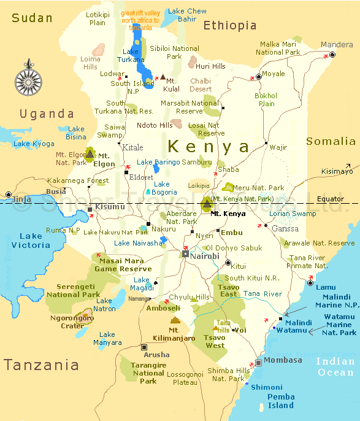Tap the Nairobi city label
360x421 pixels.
205,256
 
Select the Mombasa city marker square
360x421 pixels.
259,362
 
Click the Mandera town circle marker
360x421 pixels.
332,55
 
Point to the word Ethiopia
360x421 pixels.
230,25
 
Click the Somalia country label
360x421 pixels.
331,142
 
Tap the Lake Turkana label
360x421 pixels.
131,56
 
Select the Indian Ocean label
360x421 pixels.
335,366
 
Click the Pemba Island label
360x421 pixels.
281,401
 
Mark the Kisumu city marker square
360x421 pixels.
90,209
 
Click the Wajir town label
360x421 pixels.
278,147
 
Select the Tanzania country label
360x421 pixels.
41,365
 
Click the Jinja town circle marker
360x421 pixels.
9,195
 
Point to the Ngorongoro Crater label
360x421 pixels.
71,322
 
